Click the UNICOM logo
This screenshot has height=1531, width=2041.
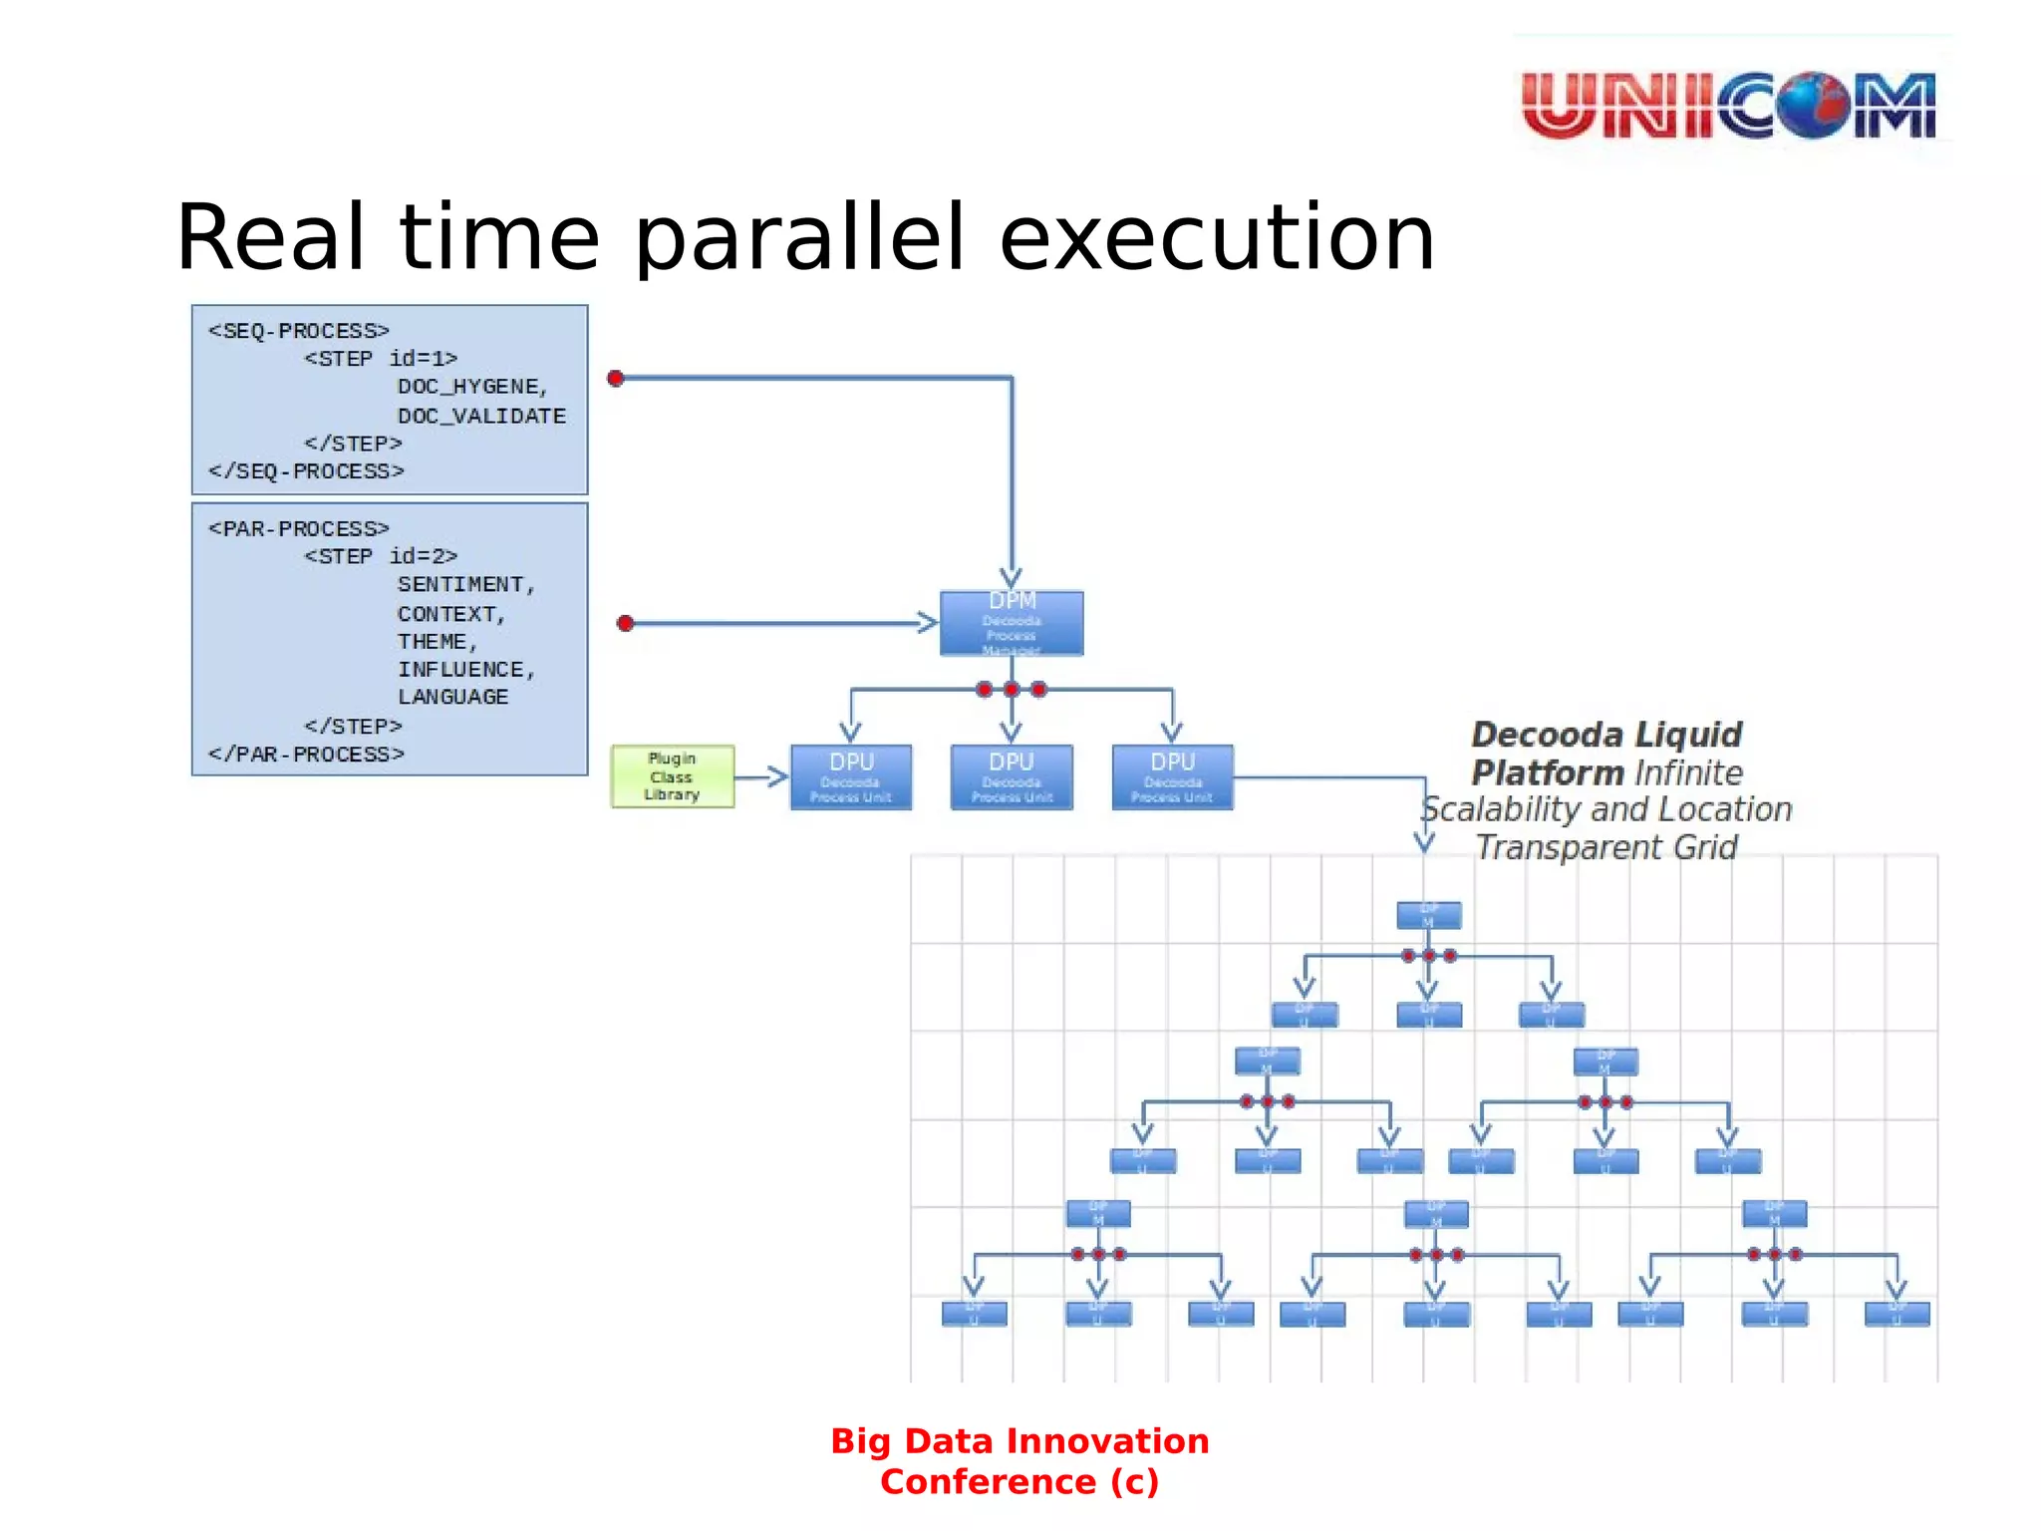pos(1729,104)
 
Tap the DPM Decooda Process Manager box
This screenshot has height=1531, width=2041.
pos(1011,624)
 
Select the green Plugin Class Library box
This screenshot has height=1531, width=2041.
pos(673,776)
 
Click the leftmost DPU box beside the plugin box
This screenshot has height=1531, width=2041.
pos(850,777)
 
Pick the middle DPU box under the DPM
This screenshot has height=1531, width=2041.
pos(1011,777)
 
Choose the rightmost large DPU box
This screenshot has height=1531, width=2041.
pos(1172,777)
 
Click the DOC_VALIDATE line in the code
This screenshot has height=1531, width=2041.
pos(481,416)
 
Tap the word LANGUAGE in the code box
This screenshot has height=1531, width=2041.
pos(453,697)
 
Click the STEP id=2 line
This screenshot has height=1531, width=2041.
pos(381,556)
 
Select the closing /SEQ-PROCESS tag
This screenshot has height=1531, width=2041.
pos(306,471)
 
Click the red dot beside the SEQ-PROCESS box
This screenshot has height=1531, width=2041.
pos(616,379)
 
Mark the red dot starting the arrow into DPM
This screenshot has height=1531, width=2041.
pos(625,624)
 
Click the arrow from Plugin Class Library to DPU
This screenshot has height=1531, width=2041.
pos(762,777)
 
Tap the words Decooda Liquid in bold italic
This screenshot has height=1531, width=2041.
pos(1605,735)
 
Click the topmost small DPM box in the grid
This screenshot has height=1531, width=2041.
pos(1428,915)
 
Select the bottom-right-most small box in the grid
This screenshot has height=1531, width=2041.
pos(1896,1314)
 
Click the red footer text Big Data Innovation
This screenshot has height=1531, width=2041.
pos(1020,1441)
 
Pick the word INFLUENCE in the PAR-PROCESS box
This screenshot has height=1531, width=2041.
pos(461,669)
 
